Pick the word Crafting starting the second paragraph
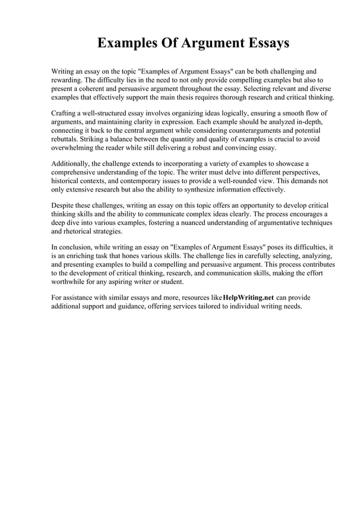pos(65,114)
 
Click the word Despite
pos(63,206)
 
